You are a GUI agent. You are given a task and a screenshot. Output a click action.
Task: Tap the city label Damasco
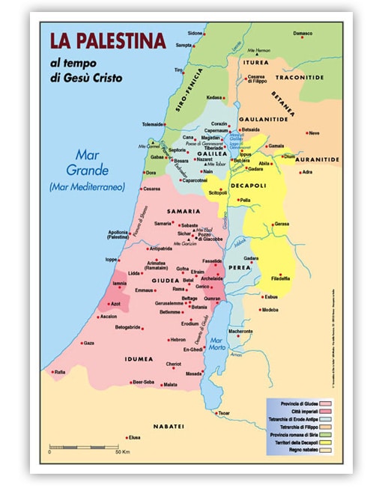point(303,34)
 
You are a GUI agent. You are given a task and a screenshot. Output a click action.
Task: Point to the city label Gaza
point(88,343)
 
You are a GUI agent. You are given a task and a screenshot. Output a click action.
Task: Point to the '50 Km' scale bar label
point(126,454)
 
